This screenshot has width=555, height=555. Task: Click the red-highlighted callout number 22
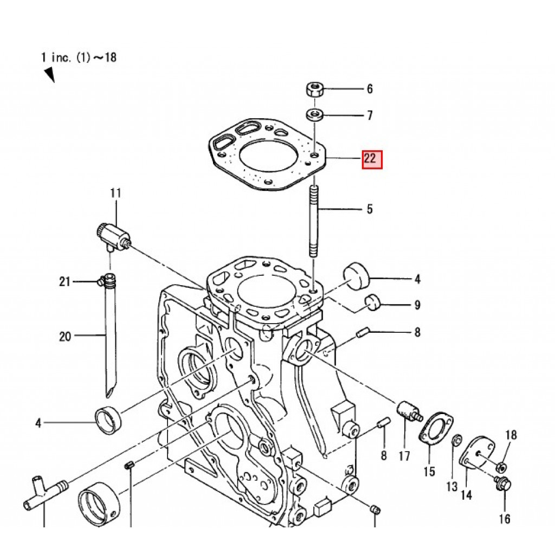click(372, 159)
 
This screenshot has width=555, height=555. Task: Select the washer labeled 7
click(314, 115)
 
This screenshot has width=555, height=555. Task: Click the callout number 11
click(116, 193)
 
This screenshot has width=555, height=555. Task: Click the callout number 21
click(64, 282)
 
